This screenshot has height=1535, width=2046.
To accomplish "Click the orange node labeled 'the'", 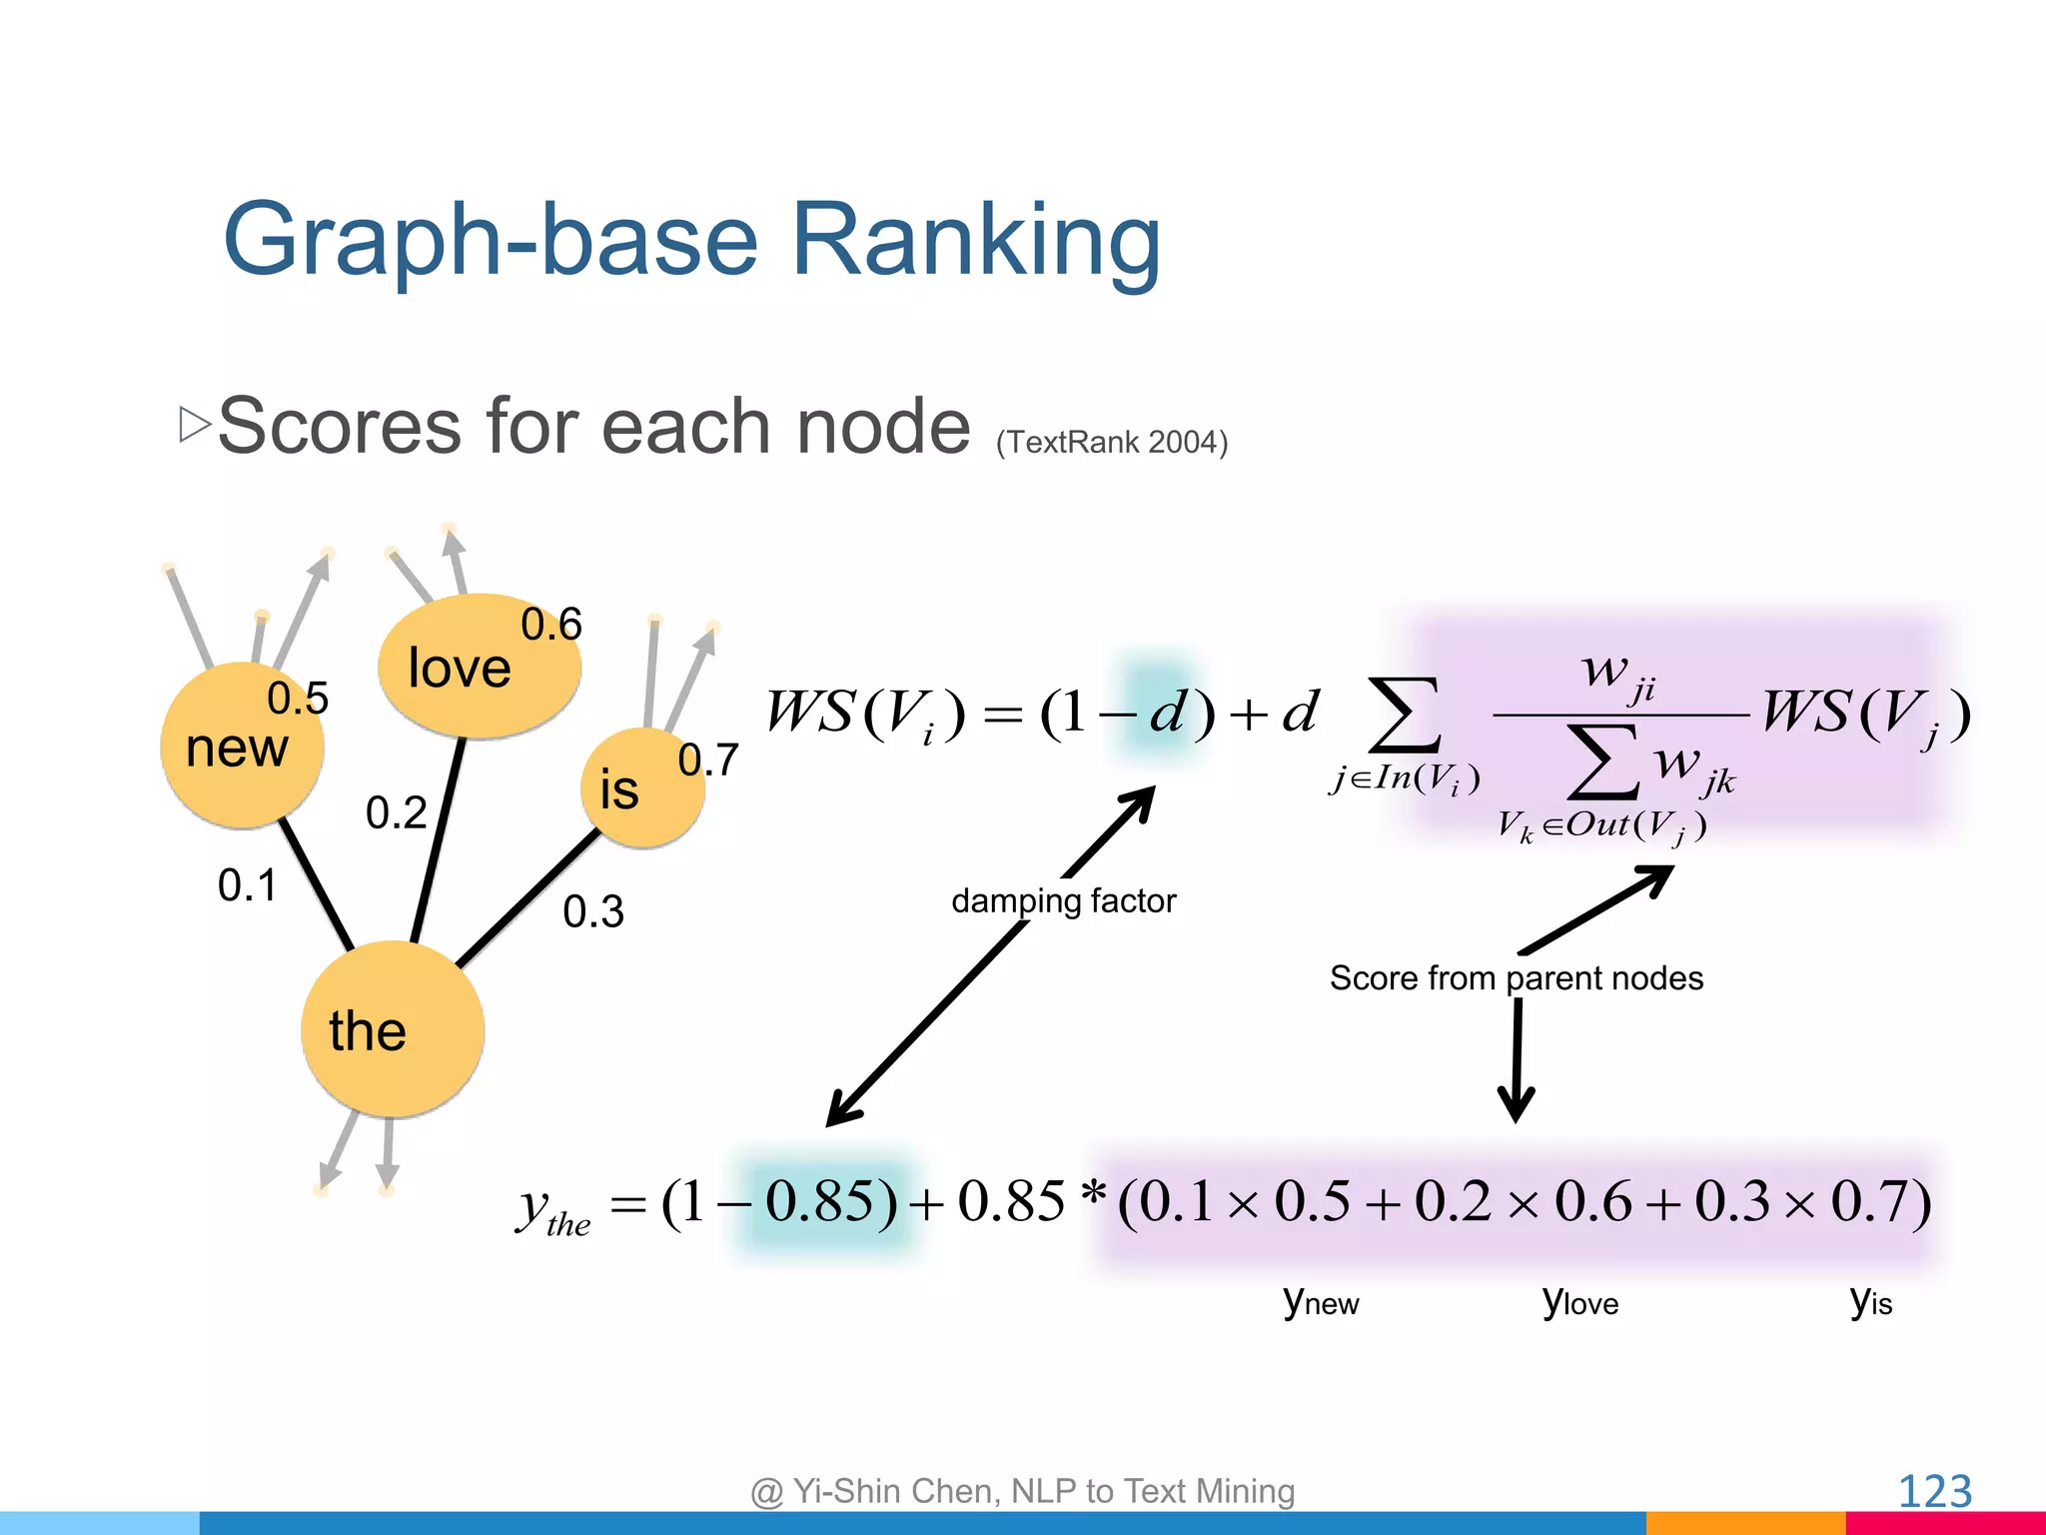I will coord(393,1029).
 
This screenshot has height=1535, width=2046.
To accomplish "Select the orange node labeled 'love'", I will coord(479,667).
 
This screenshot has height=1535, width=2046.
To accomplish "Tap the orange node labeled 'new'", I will coord(242,746).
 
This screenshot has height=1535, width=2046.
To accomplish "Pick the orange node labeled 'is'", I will coord(642,788).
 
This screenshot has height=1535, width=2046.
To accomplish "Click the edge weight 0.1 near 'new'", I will coord(247,885).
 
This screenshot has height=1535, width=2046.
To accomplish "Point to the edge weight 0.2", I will coord(396,812).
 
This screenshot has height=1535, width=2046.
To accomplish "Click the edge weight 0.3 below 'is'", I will coord(592,911).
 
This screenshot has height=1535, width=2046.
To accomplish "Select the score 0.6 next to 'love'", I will coord(550,625).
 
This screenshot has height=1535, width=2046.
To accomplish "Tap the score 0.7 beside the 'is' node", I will coord(707,761).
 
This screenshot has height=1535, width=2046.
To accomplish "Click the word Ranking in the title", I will coord(975,240).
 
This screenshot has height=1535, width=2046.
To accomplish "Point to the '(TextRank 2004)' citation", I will coord(1111,442).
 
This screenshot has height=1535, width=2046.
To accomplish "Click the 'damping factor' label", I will coord(1063,900).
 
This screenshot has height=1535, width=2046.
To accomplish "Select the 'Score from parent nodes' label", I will coord(1516,977).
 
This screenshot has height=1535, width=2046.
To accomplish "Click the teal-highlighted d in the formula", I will coord(1165,713).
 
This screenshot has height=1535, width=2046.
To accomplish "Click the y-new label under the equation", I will coord(1321,1301).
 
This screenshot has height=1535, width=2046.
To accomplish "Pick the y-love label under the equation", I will coord(1579,1301).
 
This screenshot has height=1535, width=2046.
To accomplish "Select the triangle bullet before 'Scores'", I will coord(195,424).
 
